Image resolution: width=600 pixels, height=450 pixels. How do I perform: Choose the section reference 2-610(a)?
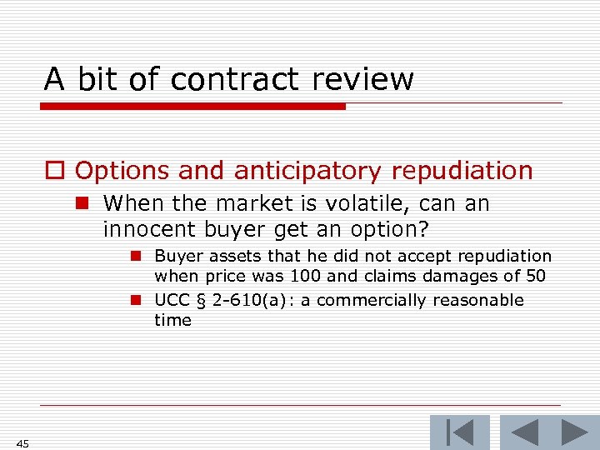pyautogui.click(x=243, y=300)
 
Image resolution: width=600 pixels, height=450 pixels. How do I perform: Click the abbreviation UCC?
pyautogui.click(x=172, y=300)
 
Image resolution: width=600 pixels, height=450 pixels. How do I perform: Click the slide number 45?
pyautogui.click(x=22, y=443)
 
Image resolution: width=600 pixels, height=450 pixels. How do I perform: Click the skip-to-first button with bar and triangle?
pyautogui.click(x=460, y=432)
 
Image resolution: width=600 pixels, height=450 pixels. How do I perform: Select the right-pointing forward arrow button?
pyautogui.click(x=574, y=432)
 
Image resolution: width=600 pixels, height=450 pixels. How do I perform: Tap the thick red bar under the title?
pyautogui.click(x=192, y=107)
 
